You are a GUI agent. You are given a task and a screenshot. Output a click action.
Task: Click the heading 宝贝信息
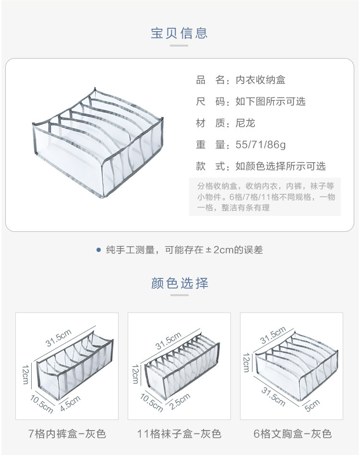(180, 33)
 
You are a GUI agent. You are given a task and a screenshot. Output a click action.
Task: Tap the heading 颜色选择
(180, 283)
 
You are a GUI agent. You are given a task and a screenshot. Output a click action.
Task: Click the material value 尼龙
(245, 123)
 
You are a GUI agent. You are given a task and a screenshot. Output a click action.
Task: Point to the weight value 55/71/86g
(261, 145)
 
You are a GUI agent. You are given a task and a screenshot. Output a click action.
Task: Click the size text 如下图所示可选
(270, 102)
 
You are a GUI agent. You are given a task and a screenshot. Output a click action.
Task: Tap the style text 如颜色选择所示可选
(280, 167)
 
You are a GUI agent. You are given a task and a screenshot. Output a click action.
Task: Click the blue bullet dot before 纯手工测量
(98, 250)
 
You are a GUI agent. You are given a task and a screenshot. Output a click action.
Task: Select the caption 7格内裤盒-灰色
(67, 434)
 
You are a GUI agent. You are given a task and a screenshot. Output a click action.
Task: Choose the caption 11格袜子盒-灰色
(179, 434)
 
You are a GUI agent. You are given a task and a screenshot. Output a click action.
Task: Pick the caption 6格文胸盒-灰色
(292, 434)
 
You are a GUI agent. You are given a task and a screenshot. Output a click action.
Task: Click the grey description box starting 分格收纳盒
(264, 196)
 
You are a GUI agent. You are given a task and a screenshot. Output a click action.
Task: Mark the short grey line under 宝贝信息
(180, 46)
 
